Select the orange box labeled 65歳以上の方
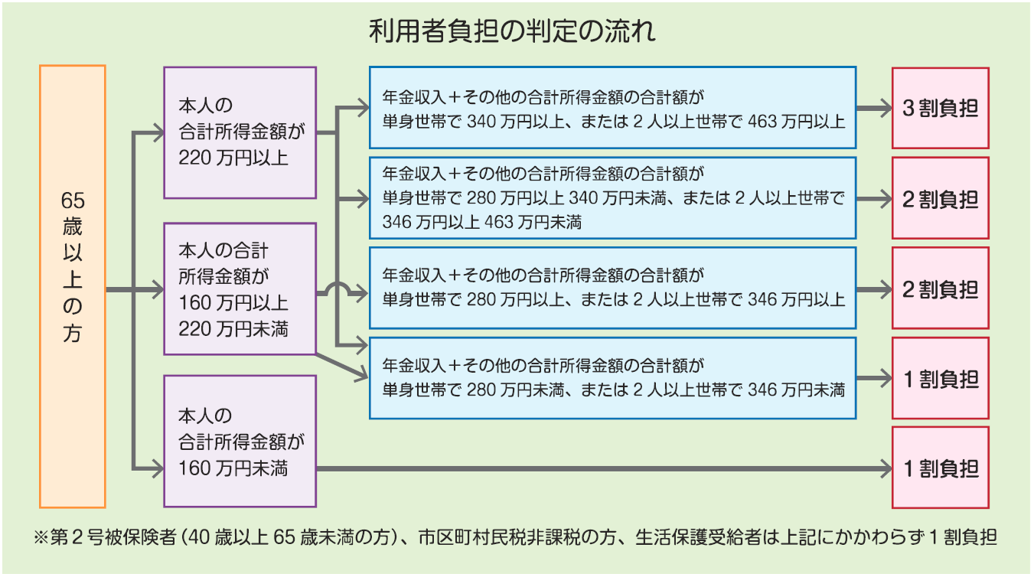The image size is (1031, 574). (72, 287)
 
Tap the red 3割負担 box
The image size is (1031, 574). (940, 108)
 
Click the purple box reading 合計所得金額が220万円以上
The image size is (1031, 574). (240, 132)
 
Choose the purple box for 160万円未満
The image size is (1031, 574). (240, 441)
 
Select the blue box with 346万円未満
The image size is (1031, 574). (612, 378)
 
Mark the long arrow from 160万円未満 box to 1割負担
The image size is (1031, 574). (597, 468)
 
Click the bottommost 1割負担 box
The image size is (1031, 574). (940, 468)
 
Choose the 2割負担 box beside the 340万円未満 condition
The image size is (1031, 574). (940, 199)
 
